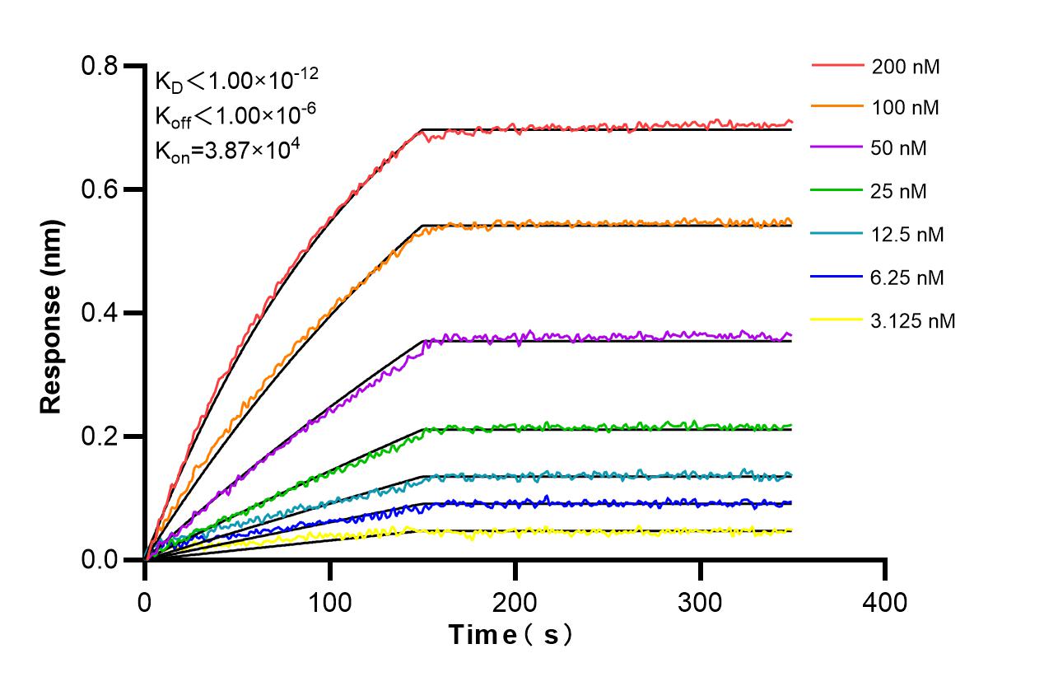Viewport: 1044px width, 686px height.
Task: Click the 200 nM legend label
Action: point(906,67)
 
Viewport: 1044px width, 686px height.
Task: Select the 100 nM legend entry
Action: point(906,108)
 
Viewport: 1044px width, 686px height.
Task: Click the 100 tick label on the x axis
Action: point(330,602)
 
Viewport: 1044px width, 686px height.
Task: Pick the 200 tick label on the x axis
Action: point(515,602)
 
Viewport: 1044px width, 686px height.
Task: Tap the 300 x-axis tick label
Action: point(701,602)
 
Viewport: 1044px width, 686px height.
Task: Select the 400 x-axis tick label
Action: point(885,602)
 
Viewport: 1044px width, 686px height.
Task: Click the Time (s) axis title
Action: point(510,635)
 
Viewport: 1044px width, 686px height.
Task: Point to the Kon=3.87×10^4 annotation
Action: point(222,151)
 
